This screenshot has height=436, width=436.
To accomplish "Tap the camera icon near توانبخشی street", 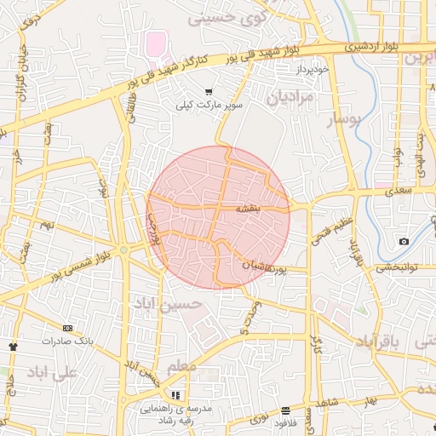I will click(x=404, y=242).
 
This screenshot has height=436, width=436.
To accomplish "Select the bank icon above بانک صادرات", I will click(x=67, y=328).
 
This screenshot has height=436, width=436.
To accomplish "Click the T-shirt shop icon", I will click(x=13, y=347).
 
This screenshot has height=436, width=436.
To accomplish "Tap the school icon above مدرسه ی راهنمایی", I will click(x=175, y=395).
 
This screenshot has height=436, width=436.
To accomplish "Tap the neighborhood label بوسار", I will click(x=346, y=120).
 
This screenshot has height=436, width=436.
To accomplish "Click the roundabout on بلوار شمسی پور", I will click(x=124, y=250).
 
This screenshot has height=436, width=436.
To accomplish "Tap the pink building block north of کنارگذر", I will click(x=156, y=42).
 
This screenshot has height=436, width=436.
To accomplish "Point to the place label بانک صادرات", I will click(x=67, y=341).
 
